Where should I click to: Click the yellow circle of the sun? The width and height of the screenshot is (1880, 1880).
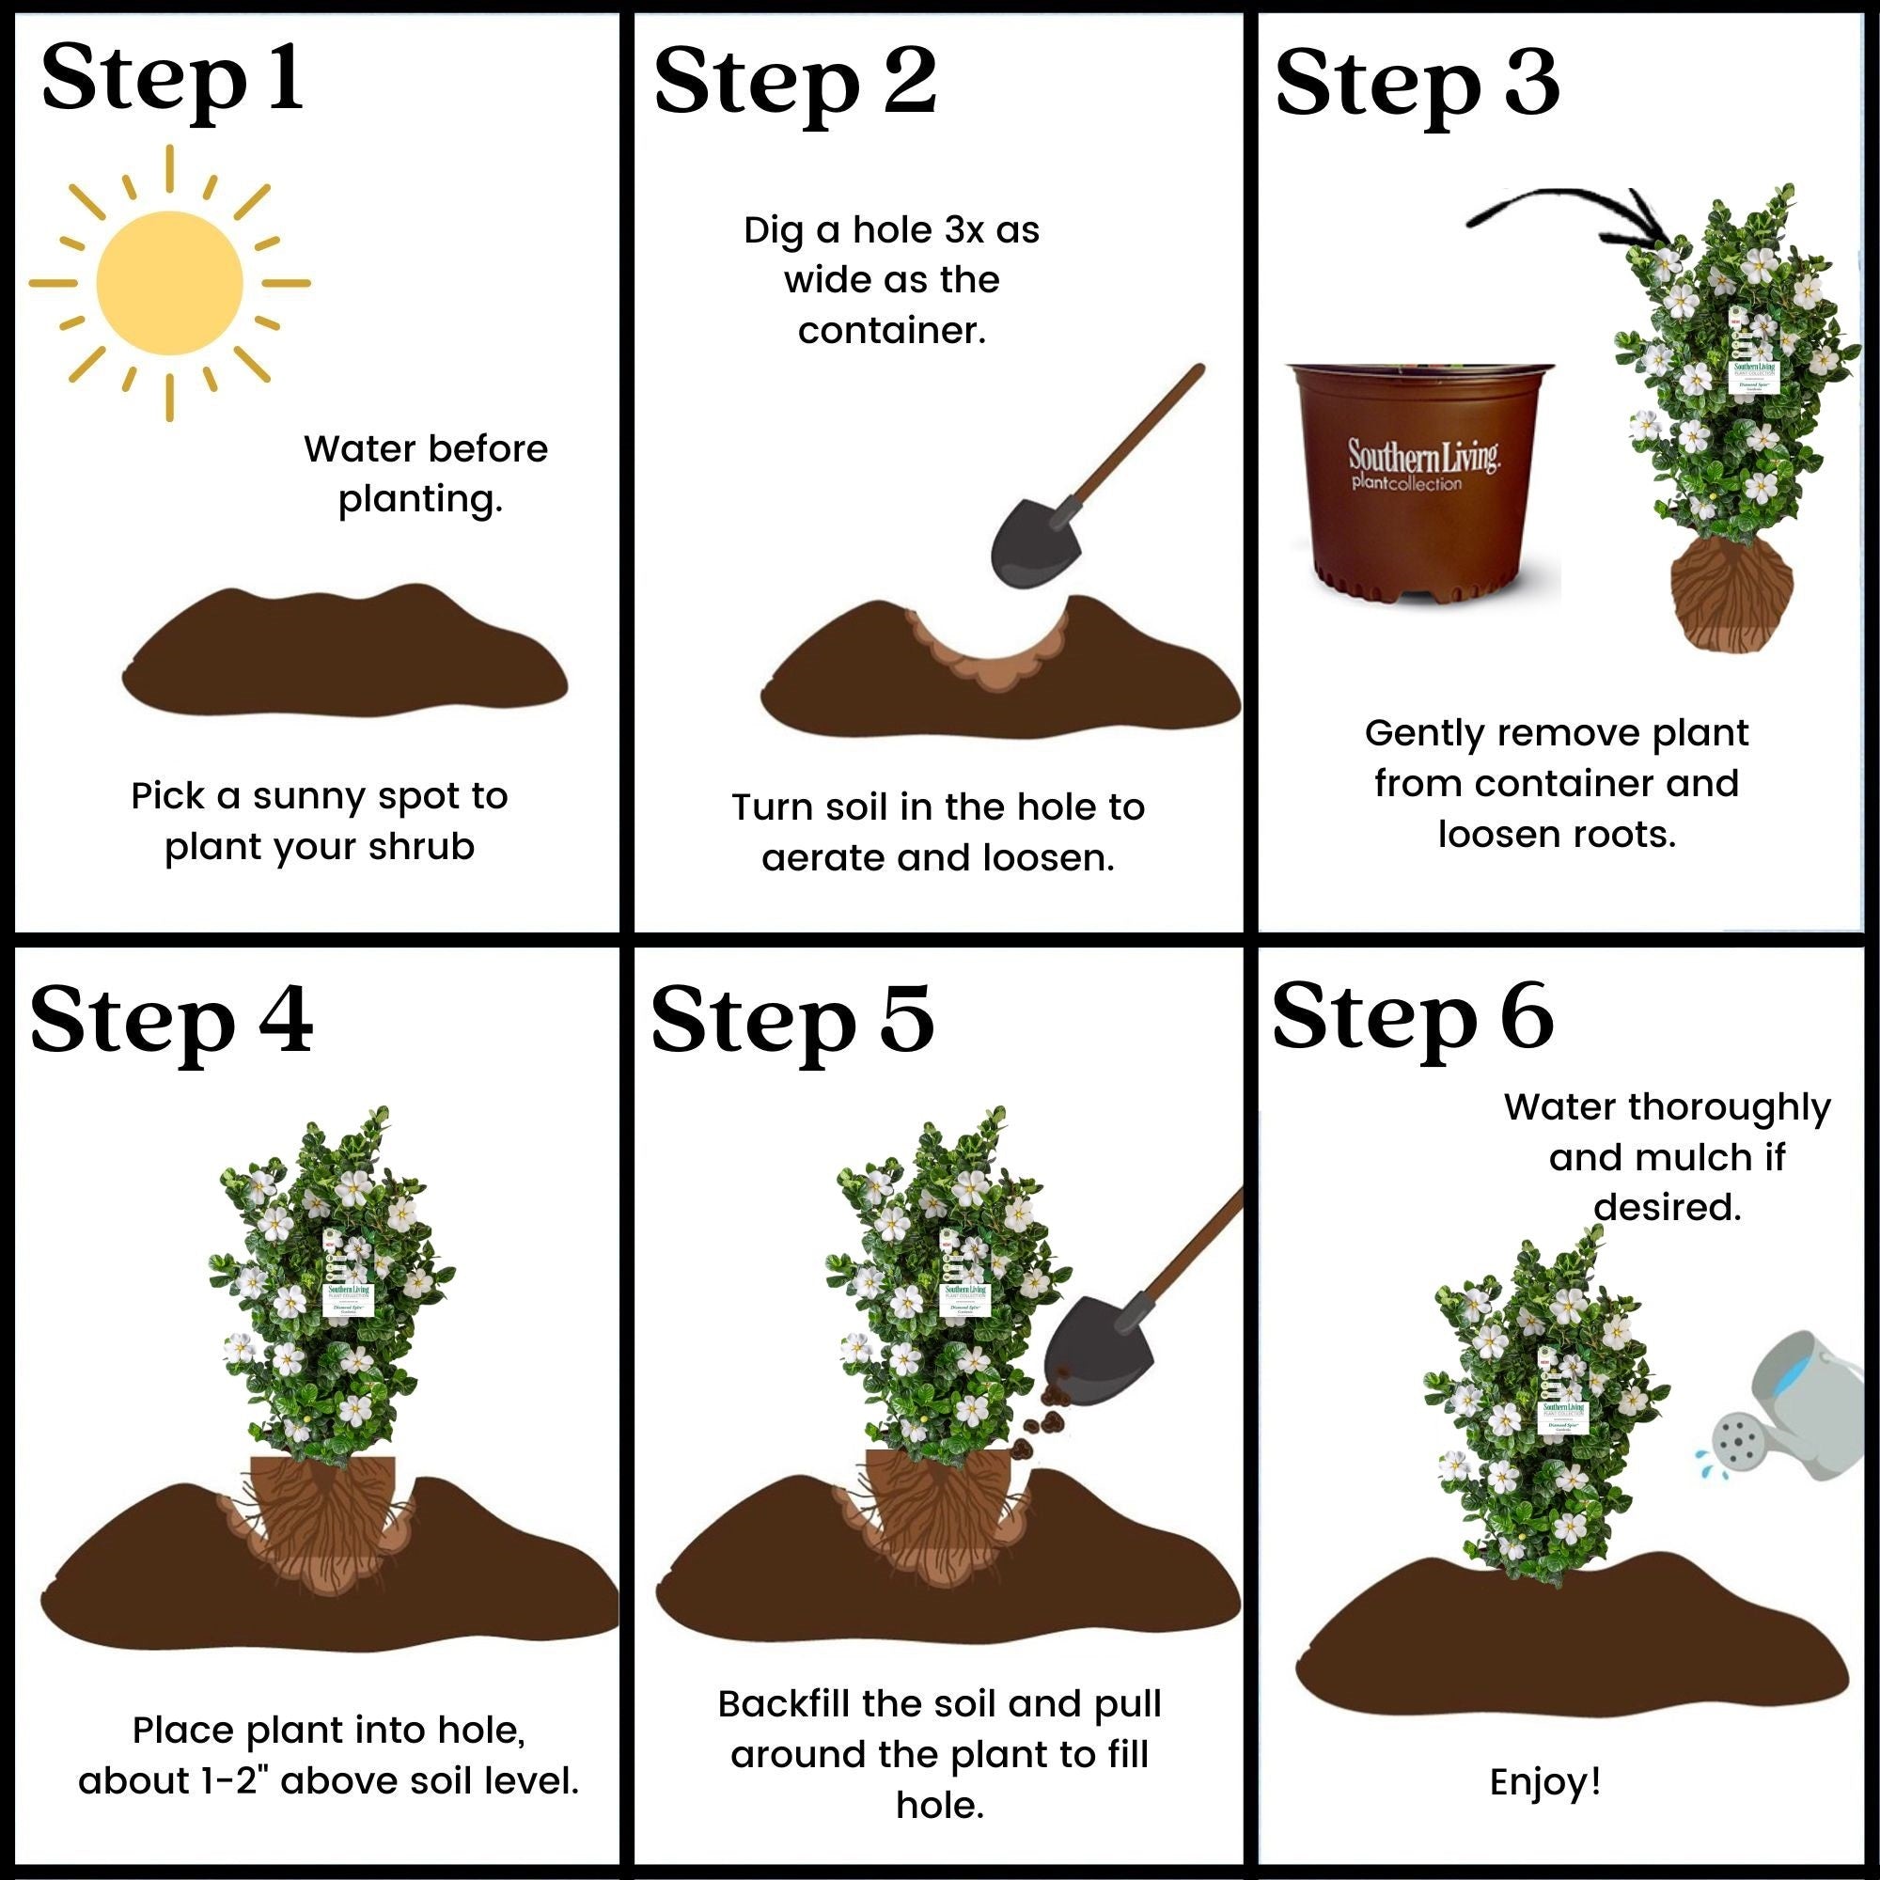169,283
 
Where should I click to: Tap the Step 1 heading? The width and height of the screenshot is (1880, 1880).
172,81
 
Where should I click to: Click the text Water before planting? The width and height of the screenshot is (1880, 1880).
425,474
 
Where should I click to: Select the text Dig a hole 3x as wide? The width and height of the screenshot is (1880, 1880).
891,255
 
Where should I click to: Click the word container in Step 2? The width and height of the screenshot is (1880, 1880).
891,331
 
